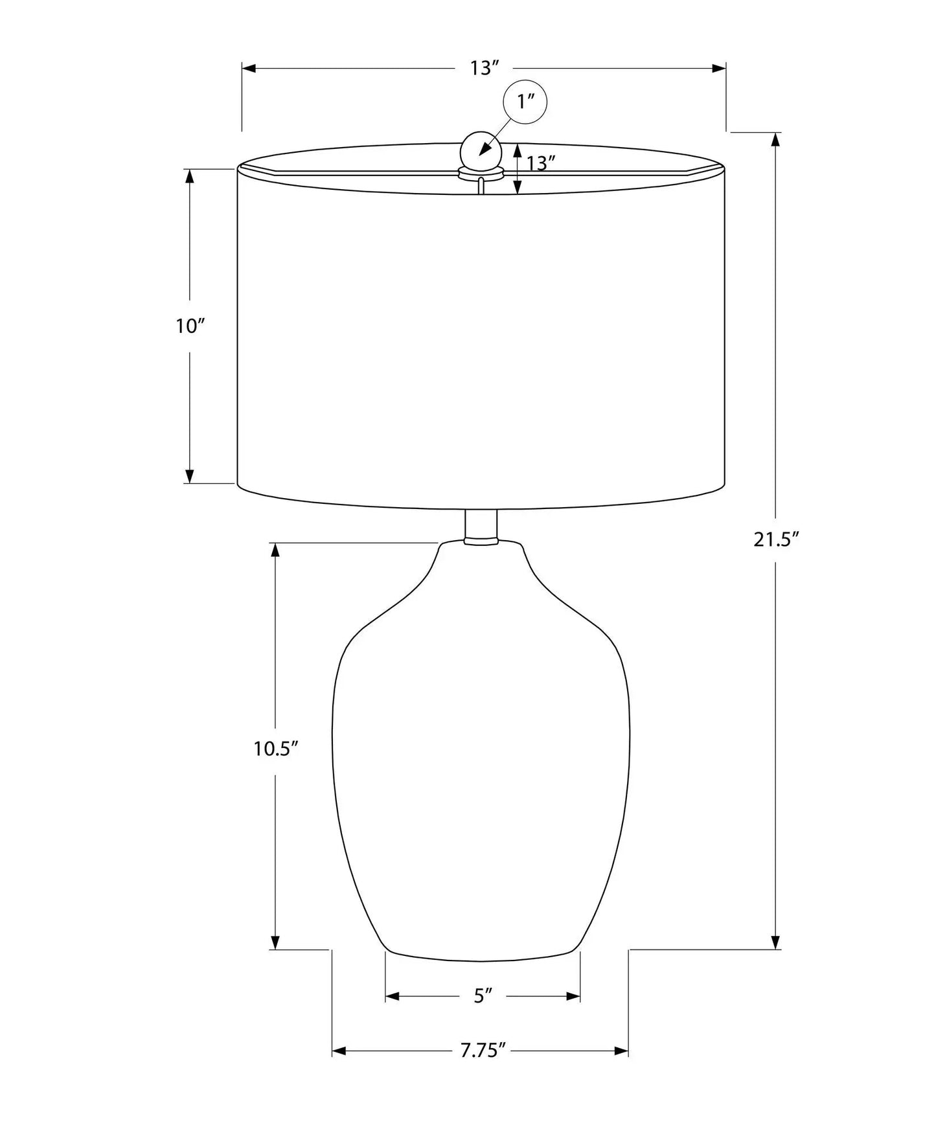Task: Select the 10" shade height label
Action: tap(190, 326)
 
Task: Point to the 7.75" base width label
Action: tap(483, 1051)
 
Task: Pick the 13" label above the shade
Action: tap(485, 68)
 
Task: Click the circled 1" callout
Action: tap(525, 102)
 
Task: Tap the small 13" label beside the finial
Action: tap(541, 163)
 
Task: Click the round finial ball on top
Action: tap(481, 151)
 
